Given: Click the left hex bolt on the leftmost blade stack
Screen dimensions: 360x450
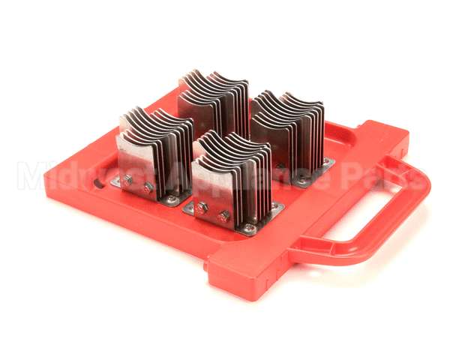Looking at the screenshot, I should click(128, 179).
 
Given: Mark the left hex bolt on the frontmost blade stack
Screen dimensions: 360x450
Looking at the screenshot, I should click(202, 208).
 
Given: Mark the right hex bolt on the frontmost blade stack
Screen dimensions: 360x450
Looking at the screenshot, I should click(223, 216).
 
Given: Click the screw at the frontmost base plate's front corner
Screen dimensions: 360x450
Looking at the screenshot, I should click(248, 228).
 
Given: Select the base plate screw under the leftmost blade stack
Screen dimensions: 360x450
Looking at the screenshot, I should click(172, 199).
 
